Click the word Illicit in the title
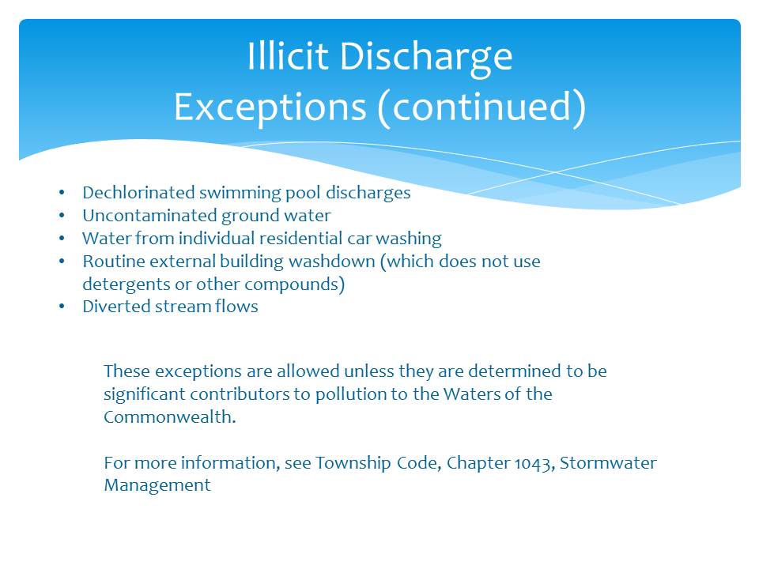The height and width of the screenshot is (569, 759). pyautogui.click(x=288, y=56)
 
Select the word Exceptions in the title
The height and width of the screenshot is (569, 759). pyautogui.click(x=270, y=108)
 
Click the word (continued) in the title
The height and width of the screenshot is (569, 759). pyautogui.click(x=481, y=107)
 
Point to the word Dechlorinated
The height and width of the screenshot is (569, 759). pyautogui.click(x=138, y=193)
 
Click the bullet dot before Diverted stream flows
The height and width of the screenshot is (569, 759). pyautogui.click(x=62, y=307)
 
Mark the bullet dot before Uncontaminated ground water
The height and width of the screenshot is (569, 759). pyautogui.click(x=62, y=215)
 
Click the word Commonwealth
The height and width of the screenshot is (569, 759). pyautogui.click(x=169, y=416)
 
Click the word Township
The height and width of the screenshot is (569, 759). pyautogui.click(x=353, y=464)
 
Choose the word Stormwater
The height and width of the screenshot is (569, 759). pyautogui.click(x=608, y=463)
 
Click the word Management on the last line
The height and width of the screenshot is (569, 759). pyautogui.click(x=157, y=486)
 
